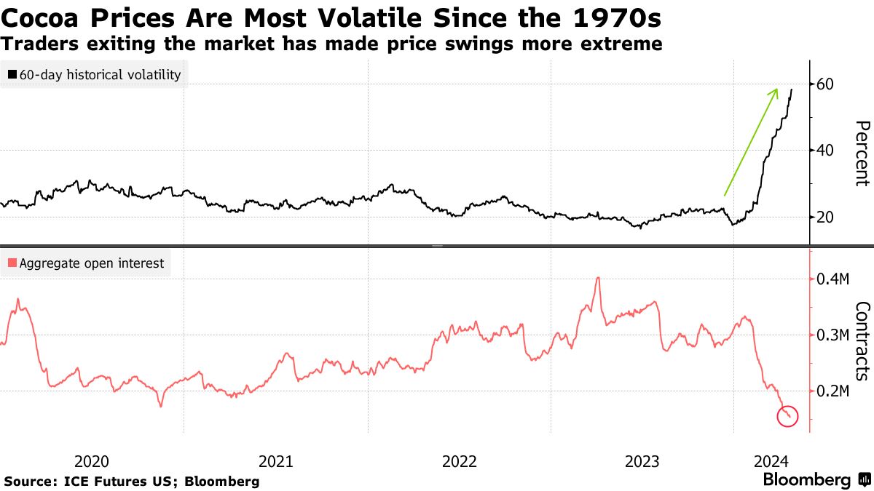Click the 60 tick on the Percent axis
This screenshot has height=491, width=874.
pos(825,84)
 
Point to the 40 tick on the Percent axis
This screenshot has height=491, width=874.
pos(825,151)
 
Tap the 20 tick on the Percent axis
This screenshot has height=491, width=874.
pos(825,217)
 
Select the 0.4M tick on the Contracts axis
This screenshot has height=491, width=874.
pos(831,279)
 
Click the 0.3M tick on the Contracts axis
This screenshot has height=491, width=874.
pos(831,335)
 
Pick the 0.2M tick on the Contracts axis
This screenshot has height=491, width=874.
pos(831,391)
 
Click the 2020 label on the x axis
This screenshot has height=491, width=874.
pos(92,460)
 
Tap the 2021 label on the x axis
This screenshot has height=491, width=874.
pos(276,460)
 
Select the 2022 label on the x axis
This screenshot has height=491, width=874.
pos(460,460)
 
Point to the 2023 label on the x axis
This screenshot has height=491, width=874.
pos(643,460)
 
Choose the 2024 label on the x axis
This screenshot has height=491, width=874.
pos(771,460)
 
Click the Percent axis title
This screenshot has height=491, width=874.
pos(862,153)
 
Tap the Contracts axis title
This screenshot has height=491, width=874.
pos(862,340)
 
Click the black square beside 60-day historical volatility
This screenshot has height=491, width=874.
pos(13,74)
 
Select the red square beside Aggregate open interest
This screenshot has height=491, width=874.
pos(12,263)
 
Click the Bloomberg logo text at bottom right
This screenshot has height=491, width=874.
pos(806,480)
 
